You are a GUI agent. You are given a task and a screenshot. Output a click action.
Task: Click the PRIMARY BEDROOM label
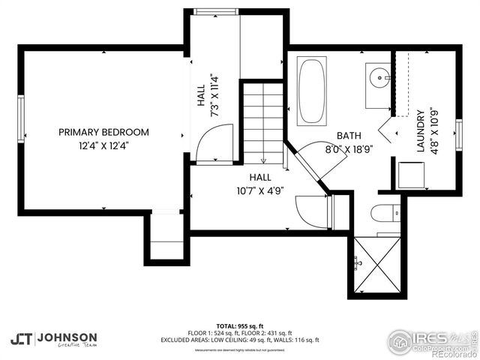(103, 132)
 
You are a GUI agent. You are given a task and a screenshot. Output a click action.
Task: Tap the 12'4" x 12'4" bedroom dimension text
(103, 145)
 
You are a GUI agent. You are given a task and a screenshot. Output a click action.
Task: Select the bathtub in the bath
(311, 91)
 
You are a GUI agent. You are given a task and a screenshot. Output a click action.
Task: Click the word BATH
(349, 136)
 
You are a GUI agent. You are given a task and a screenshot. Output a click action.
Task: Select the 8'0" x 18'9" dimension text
(349, 148)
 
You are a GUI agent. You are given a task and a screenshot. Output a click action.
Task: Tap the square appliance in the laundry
(411, 175)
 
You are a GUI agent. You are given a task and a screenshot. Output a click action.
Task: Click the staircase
(262, 124)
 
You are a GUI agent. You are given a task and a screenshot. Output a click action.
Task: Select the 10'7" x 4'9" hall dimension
(260, 190)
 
